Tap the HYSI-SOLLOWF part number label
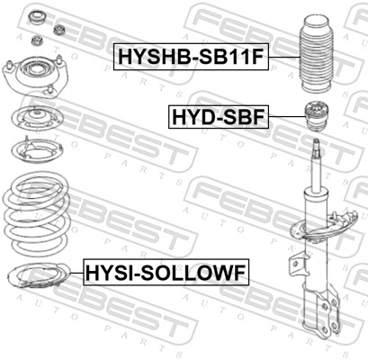(166, 269)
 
